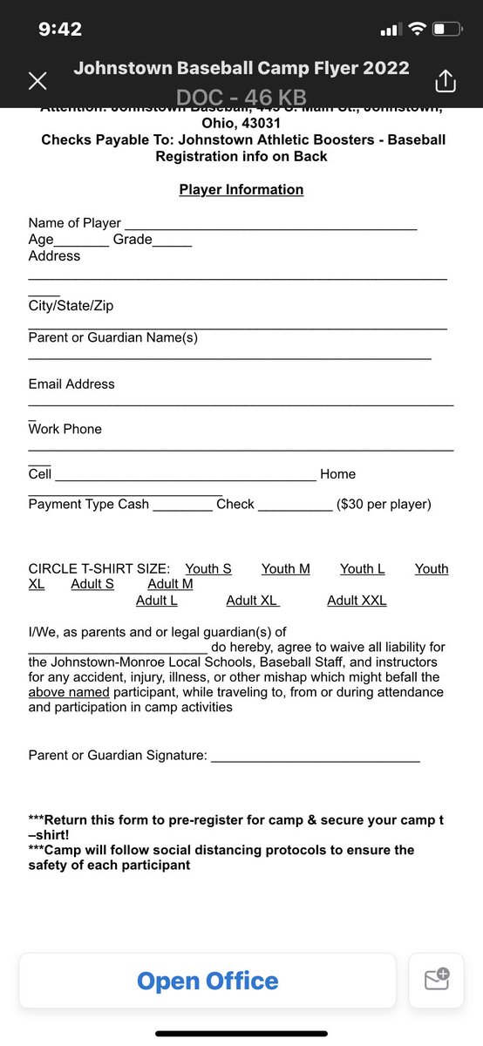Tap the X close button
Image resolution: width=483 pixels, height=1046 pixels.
tap(37, 81)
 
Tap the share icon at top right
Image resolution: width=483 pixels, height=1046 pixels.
tap(445, 81)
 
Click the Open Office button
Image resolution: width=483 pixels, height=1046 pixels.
tap(207, 981)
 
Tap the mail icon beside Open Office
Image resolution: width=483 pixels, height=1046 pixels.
tap(437, 981)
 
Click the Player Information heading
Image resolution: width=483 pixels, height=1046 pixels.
tap(241, 189)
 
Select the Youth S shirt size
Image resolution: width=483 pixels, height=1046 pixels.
tap(208, 568)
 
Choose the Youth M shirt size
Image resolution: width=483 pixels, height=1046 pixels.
tap(285, 568)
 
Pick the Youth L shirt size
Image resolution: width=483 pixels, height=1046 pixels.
tap(362, 568)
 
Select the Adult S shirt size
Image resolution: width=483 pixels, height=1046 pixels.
tap(92, 584)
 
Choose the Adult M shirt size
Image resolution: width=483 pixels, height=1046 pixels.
tap(170, 584)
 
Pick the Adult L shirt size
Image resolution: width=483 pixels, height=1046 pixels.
tap(157, 600)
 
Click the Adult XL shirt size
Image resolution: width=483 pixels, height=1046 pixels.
tap(252, 600)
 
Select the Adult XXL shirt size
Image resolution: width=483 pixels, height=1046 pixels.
tap(357, 600)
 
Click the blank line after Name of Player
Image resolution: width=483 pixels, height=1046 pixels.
tap(270, 225)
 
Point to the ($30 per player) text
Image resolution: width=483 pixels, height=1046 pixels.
tap(384, 504)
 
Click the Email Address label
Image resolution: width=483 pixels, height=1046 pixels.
tap(71, 384)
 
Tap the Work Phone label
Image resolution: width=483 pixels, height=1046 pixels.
tap(65, 429)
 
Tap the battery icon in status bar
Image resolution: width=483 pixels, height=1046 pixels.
tap(446, 29)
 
